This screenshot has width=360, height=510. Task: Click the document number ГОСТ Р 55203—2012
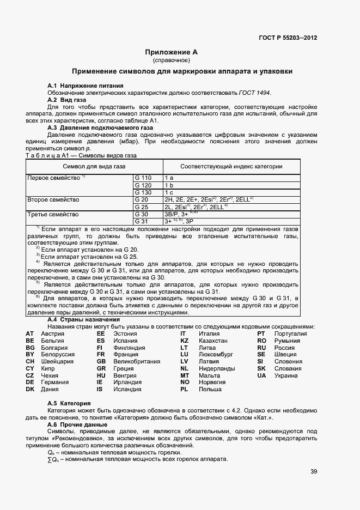[288, 38]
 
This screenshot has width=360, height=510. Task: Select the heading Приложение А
[171, 52]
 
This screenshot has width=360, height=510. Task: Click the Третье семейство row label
[48, 215]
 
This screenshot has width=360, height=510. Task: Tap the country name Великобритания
[136, 361]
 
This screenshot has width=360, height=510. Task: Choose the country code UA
[261, 375]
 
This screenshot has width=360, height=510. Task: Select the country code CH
[30, 361]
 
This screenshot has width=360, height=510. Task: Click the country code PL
[184, 390]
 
